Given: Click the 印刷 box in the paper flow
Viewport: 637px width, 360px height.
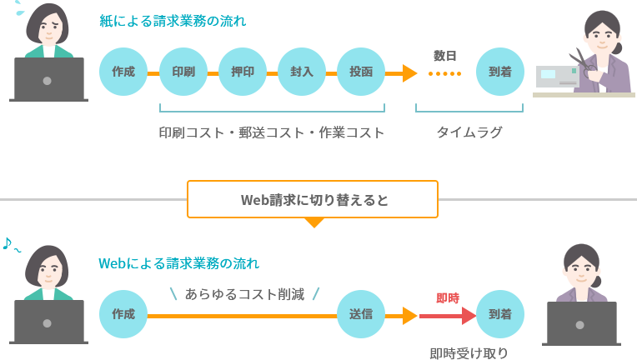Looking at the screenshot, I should click(x=183, y=71).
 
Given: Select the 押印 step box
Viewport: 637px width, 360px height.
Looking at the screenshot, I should click(x=242, y=71).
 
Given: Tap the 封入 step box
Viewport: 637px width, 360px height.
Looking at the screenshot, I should click(x=301, y=71).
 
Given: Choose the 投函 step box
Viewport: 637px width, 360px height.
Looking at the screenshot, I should click(x=360, y=71).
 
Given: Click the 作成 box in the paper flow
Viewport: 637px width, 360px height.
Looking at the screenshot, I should click(x=123, y=71).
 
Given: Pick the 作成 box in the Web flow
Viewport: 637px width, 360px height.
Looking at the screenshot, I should click(x=123, y=314).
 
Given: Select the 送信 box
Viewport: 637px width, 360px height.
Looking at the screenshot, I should click(x=360, y=314).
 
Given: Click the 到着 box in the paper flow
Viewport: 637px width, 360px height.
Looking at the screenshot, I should click(x=499, y=71).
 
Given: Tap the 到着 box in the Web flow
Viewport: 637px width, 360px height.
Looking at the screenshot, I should click(x=499, y=314).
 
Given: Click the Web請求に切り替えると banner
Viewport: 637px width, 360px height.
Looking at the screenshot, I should click(x=313, y=200).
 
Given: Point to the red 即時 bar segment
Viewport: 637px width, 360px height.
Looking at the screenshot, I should click(x=446, y=316).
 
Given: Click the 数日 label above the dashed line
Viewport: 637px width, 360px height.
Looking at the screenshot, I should click(x=445, y=56).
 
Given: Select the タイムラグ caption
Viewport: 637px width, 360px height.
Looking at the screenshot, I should click(x=469, y=132).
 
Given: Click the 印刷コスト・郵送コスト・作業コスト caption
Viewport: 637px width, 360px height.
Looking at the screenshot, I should click(x=272, y=132).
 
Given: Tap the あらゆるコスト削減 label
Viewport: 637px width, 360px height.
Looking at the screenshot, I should click(x=244, y=293).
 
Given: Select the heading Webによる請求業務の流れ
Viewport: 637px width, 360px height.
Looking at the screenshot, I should click(x=178, y=263).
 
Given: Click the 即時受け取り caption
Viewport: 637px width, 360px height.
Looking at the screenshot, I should click(x=469, y=352).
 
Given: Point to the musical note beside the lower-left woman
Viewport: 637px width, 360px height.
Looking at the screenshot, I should click(x=8, y=243).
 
